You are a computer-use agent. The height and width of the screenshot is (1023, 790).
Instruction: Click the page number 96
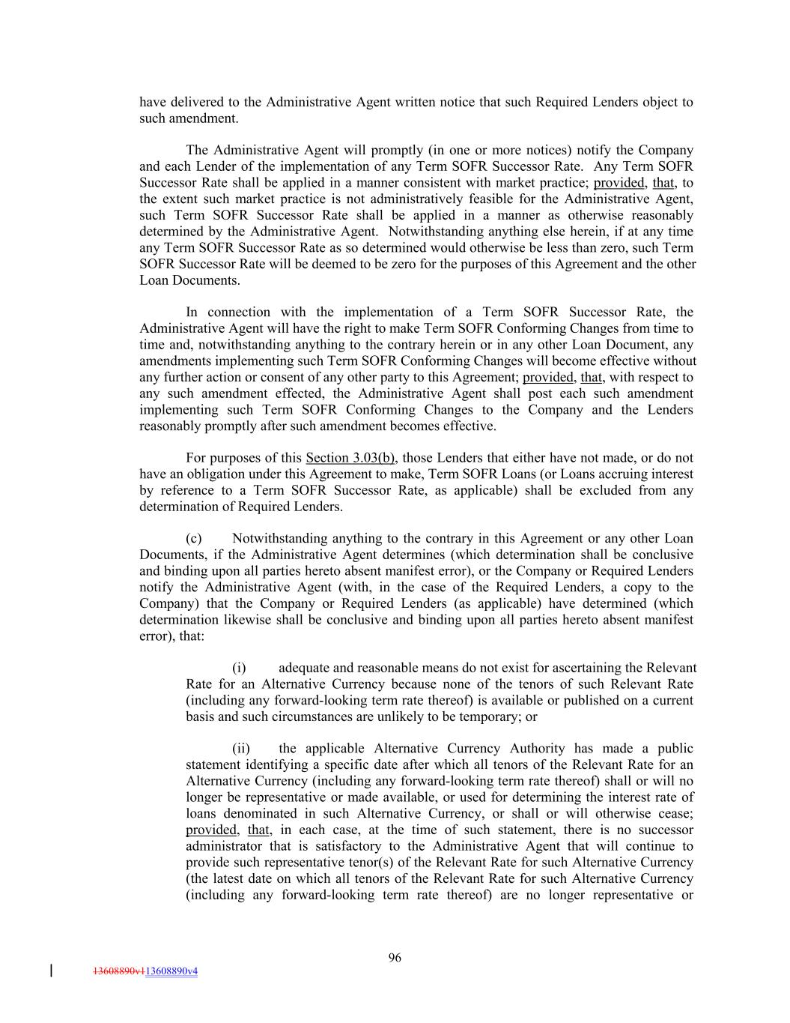click(395, 957)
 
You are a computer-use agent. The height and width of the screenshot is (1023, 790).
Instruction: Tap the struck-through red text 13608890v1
click(118, 971)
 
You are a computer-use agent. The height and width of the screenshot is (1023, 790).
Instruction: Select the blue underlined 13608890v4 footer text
click(171, 971)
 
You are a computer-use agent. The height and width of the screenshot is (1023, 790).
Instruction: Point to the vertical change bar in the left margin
click(51, 971)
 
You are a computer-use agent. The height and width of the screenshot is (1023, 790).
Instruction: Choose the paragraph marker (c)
click(194, 538)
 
